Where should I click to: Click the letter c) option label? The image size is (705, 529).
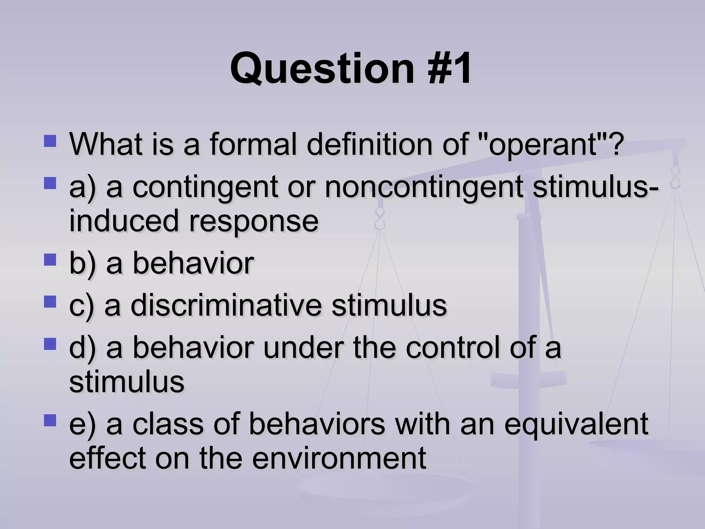point(81,306)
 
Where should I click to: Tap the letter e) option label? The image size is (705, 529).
point(82,425)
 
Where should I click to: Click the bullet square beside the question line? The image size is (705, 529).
point(50,141)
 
